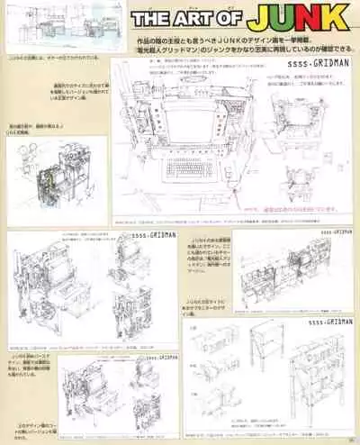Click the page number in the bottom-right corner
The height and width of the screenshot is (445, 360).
pyautogui.click(x=350, y=439)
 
